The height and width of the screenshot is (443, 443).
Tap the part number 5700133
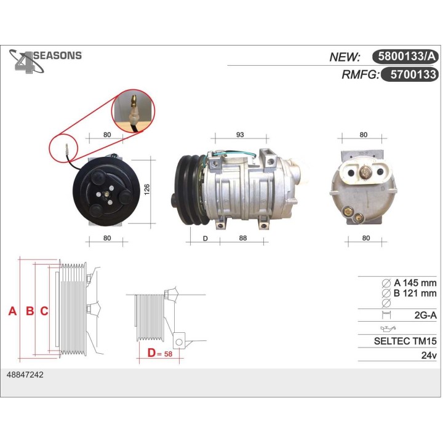tap(409, 75)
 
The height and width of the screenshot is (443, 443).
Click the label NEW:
tap(345, 57)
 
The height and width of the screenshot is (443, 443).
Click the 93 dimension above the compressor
tap(240, 135)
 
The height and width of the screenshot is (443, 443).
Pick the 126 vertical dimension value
tap(147, 191)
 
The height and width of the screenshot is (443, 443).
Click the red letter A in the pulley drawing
tap(12, 311)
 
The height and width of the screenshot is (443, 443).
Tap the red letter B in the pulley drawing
tap(29, 311)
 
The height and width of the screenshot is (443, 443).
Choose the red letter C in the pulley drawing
tap(44, 311)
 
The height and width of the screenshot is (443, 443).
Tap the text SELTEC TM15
tap(405, 340)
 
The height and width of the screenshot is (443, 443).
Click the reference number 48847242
tap(25, 374)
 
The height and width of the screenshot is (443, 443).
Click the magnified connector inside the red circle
tap(133, 111)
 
